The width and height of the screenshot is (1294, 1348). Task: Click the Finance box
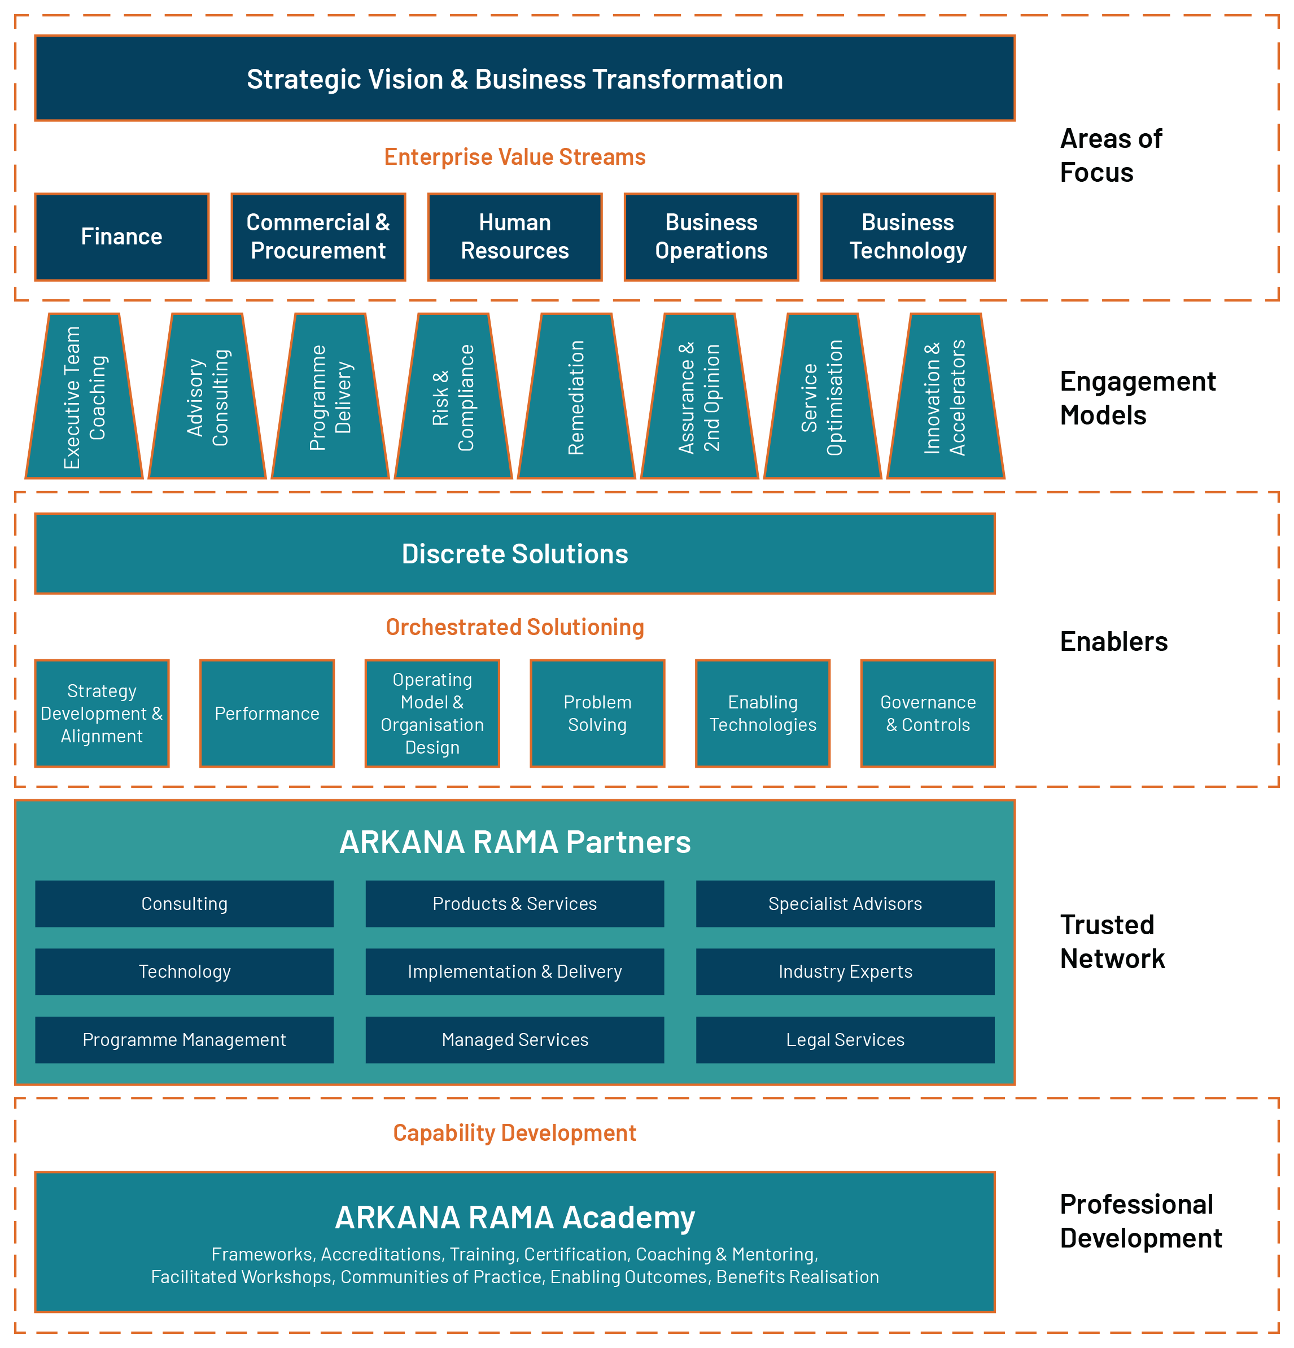(122, 237)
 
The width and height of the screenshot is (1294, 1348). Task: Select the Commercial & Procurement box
(318, 237)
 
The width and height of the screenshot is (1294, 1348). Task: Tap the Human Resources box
(514, 237)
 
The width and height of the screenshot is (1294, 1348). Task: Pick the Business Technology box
(907, 237)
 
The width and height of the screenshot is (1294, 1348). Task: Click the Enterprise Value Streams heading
(514, 157)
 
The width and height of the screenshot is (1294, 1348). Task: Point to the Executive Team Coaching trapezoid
(85, 397)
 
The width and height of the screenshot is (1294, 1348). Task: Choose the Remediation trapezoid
(576, 397)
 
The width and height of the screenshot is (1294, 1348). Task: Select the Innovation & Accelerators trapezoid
(945, 397)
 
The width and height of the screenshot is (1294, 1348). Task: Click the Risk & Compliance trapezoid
(453, 397)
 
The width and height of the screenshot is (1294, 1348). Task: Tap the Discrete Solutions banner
(514, 554)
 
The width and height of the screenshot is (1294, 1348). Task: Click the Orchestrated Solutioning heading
(514, 627)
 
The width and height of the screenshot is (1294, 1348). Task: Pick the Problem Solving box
(597, 713)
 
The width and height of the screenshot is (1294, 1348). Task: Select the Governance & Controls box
(928, 713)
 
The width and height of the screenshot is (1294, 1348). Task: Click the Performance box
(267, 713)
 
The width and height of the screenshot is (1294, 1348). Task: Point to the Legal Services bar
(845, 1039)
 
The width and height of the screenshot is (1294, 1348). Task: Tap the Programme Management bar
(185, 1039)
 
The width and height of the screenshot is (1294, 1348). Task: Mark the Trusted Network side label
(1112, 942)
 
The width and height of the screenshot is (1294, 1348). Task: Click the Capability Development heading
(514, 1133)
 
